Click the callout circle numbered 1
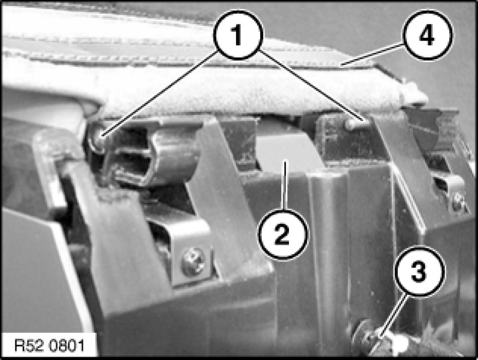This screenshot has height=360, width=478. point(238,34)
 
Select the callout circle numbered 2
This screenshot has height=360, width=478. point(283,234)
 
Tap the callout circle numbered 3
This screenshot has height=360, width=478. point(420,271)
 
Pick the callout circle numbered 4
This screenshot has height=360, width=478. point(427,35)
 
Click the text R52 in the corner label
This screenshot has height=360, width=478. point(30,346)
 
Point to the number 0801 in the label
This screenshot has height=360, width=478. point(67,346)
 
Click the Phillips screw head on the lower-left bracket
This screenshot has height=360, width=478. point(193,262)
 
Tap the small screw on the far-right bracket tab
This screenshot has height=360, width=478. point(458,202)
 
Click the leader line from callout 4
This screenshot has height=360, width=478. point(372,54)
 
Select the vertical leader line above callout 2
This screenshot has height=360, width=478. point(285,185)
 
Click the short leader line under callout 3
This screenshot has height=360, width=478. point(392,317)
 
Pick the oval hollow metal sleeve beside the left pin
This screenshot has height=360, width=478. point(152,158)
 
